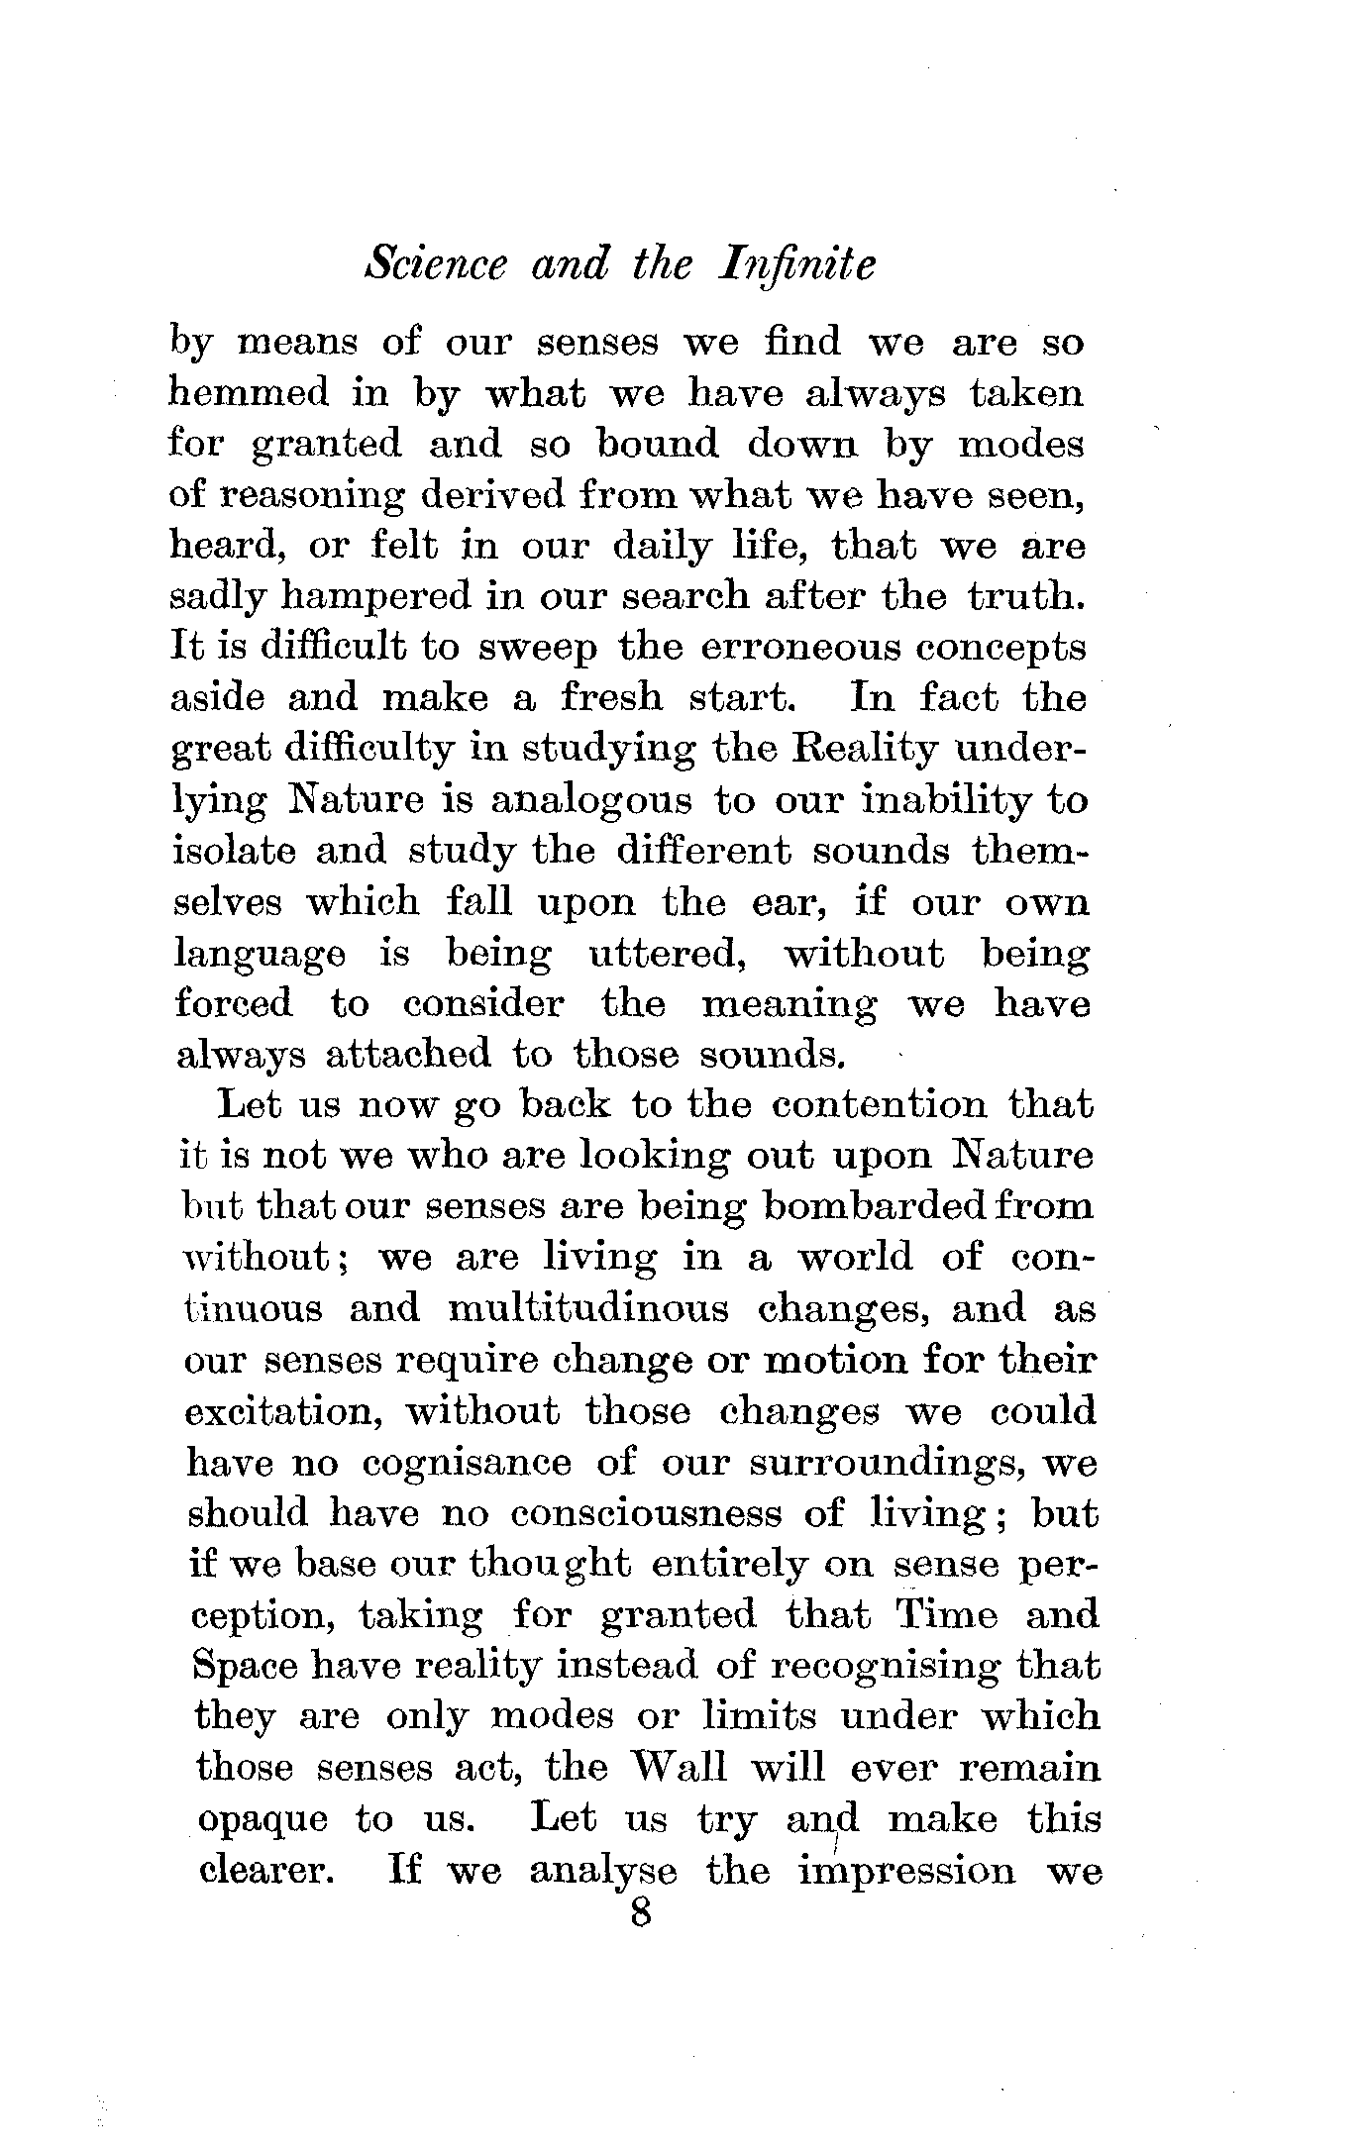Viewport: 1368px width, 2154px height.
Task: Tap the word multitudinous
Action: click(588, 1308)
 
